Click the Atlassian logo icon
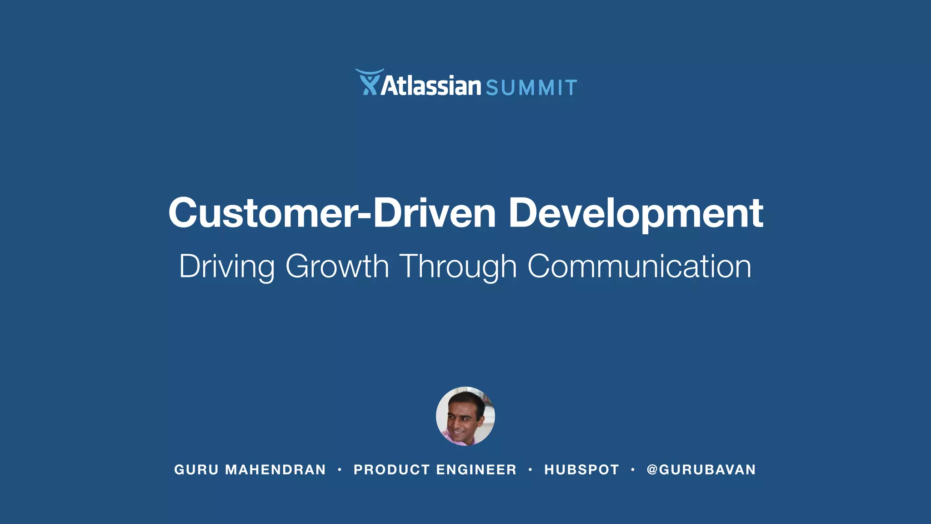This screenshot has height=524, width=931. (368, 83)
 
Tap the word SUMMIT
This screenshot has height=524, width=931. (531, 88)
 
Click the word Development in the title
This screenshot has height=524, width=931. (636, 213)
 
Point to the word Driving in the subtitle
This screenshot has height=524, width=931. (227, 266)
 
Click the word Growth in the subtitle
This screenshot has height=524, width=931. (337, 266)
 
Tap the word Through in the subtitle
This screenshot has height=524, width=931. (458, 266)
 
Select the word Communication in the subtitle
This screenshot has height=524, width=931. (639, 266)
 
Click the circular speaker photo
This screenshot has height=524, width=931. (465, 416)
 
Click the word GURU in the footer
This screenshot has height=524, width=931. (196, 469)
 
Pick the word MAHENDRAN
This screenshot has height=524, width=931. (275, 469)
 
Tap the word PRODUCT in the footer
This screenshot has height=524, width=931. (392, 469)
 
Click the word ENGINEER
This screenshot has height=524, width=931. (476, 469)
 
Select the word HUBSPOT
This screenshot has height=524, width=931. (581, 469)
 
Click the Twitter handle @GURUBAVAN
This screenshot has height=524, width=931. (701, 469)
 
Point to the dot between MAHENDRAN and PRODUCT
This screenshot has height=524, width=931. (340, 469)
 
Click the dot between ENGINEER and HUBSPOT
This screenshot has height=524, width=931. (530, 469)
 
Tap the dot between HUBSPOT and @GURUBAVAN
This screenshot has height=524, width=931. (633, 469)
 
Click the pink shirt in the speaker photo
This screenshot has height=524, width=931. (455, 438)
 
